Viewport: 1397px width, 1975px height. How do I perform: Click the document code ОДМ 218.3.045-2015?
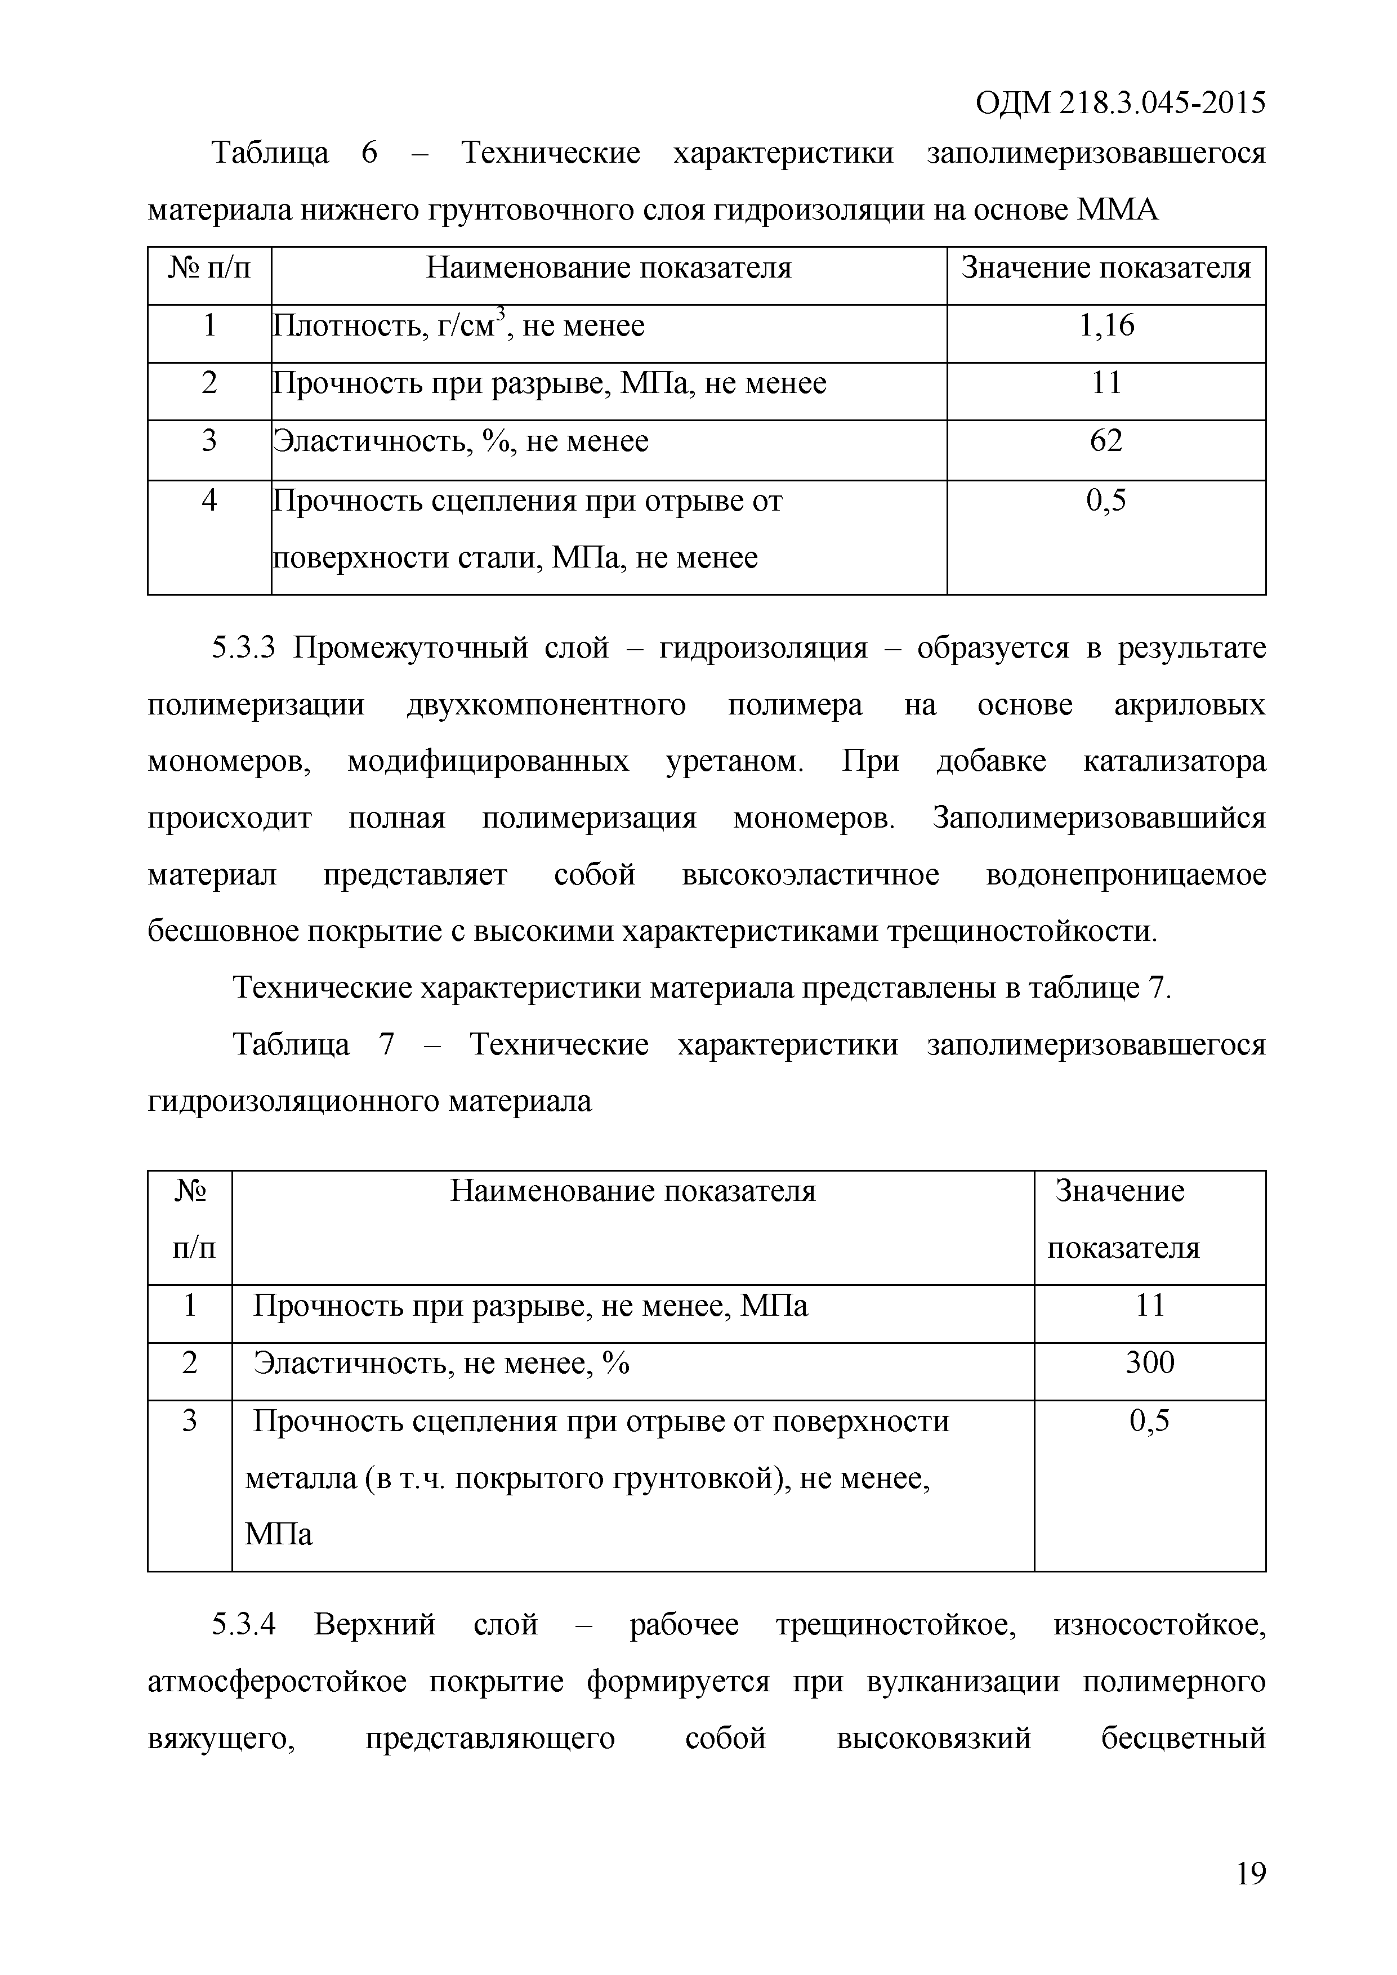pyautogui.click(x=1120, y=103)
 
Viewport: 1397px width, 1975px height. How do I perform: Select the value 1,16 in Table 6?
pyautogui.click(x=1106, y=326)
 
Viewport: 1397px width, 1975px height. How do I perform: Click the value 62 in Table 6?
pyautogui.click(x=1106, y=441)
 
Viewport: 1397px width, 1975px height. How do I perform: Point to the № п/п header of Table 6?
pyautogui.click(x=209, y=269)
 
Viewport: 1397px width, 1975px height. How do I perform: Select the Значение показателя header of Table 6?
pyautogui.click(x=1106, y=269)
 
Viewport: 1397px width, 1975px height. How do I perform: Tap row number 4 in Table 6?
pyautogui.click(x=209, y=501)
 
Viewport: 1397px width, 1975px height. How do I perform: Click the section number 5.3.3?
pyautogui.click(x=243, y=647)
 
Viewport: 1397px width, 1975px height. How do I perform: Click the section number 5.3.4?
pyautogui.click(x=243, y=1625)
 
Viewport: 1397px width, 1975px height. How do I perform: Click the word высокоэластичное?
pyautogui.click(x=810, y=875)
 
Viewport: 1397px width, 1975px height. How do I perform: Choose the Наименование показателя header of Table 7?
pyautogui.click(x=632, y=1191)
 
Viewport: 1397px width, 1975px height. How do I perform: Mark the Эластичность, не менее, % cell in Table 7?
pyautogui.click(x=441, y=1364)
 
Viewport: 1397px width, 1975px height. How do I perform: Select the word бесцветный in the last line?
pyautogui.click(x=1183, y=1739)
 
